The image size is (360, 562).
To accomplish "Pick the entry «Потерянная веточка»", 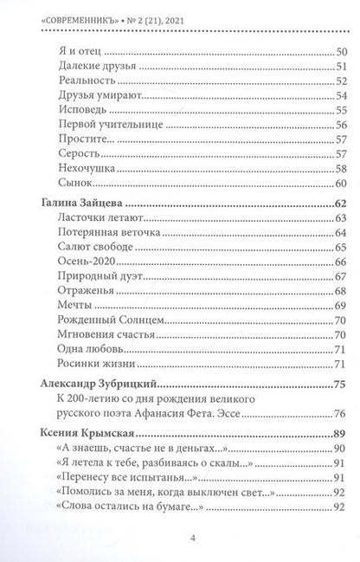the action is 106,233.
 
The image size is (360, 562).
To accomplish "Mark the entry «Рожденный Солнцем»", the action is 108,320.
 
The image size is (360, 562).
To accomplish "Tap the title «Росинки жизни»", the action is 95,365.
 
